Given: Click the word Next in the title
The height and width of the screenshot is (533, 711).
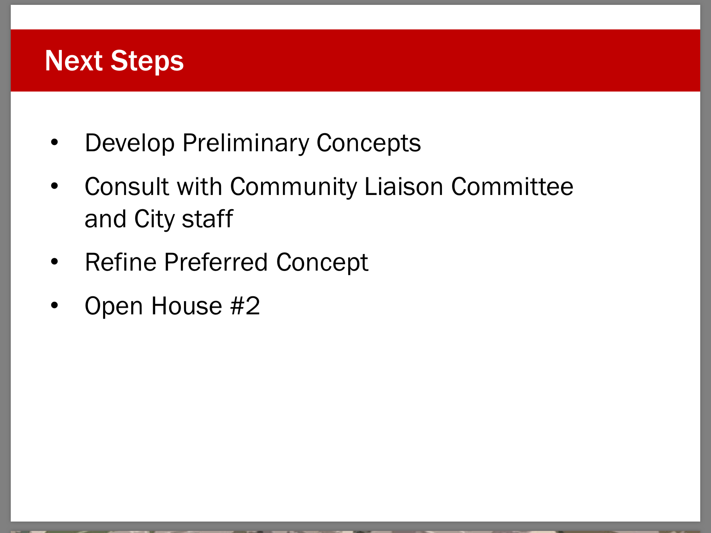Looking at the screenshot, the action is tap(74, 61).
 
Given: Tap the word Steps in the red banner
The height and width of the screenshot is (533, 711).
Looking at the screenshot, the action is tap(147, 62).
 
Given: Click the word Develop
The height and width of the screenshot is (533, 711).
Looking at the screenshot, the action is tap(130, 143).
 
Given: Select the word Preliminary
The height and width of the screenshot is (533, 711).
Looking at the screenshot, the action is tap(245, 143).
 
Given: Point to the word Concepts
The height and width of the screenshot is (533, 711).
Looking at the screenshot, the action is tap(369, 143).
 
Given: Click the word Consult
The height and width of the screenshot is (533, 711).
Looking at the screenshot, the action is tap(127, 187).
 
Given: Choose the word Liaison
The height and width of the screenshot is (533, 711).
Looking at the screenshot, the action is tap(404, 187).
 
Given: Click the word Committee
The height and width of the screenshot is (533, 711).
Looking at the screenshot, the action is tap(512, 187).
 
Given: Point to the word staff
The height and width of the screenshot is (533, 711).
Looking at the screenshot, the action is tap(207, 219).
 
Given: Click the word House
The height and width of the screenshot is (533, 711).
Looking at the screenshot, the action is tap(187, 306).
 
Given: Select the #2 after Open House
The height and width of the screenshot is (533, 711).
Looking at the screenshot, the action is tap(245, 306).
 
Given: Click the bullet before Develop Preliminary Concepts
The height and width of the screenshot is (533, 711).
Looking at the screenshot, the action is tap(55, 142).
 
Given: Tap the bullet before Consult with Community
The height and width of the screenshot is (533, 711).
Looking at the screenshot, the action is tap(55, 186).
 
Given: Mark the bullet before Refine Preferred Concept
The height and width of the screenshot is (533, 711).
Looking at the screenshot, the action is tap(55, 261).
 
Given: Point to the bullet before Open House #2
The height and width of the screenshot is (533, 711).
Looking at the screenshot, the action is tap(55, 305).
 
